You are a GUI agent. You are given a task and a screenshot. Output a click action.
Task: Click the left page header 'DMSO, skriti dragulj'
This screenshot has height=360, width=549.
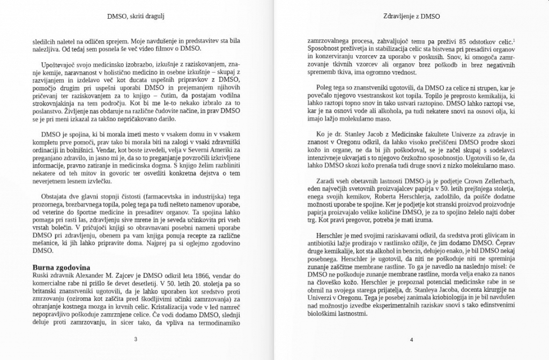coord(135,17)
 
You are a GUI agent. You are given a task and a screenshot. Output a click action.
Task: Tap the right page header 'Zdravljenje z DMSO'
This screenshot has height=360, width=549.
coord(412,17)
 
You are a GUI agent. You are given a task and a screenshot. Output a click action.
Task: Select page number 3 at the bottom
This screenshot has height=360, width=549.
coord(136,340)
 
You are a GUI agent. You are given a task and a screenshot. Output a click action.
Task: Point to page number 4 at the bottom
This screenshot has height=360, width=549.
coord(411,340)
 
